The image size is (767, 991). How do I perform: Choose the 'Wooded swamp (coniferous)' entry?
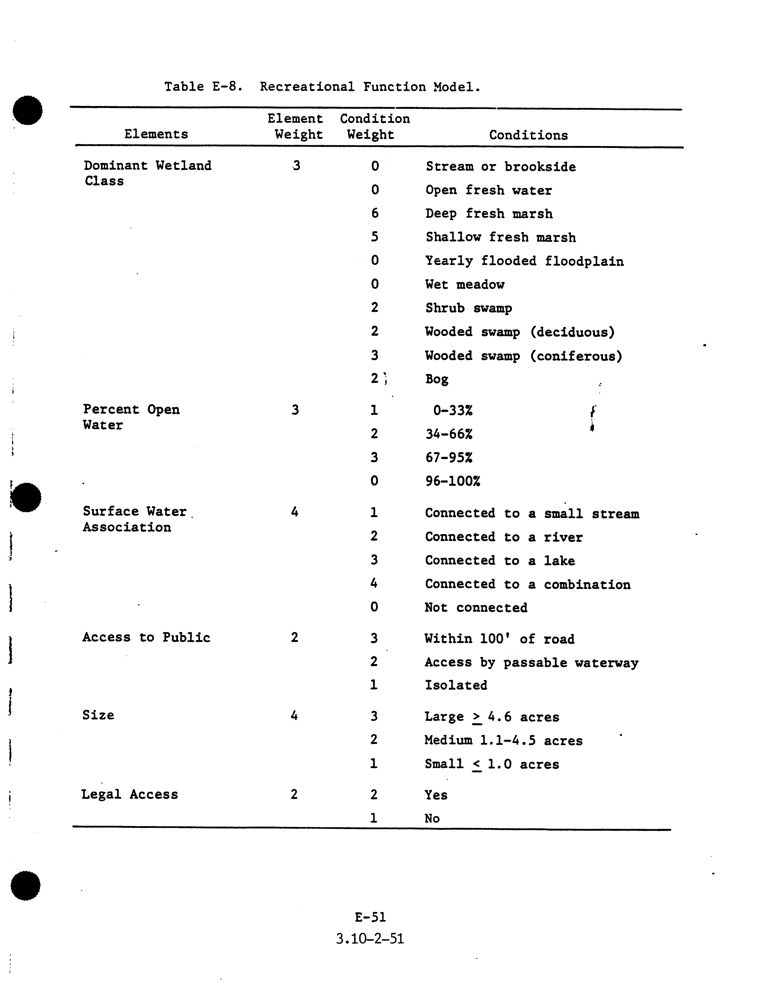[x=523, y=356]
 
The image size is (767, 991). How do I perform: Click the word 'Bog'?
[x=436, y=379]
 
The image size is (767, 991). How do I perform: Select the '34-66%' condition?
[x=449, y=434]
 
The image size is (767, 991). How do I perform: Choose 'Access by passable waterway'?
[x=531, y=663]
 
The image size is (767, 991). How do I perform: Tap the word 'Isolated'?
[x=456, y=685]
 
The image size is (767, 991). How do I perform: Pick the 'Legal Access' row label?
[x=130, y=794]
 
